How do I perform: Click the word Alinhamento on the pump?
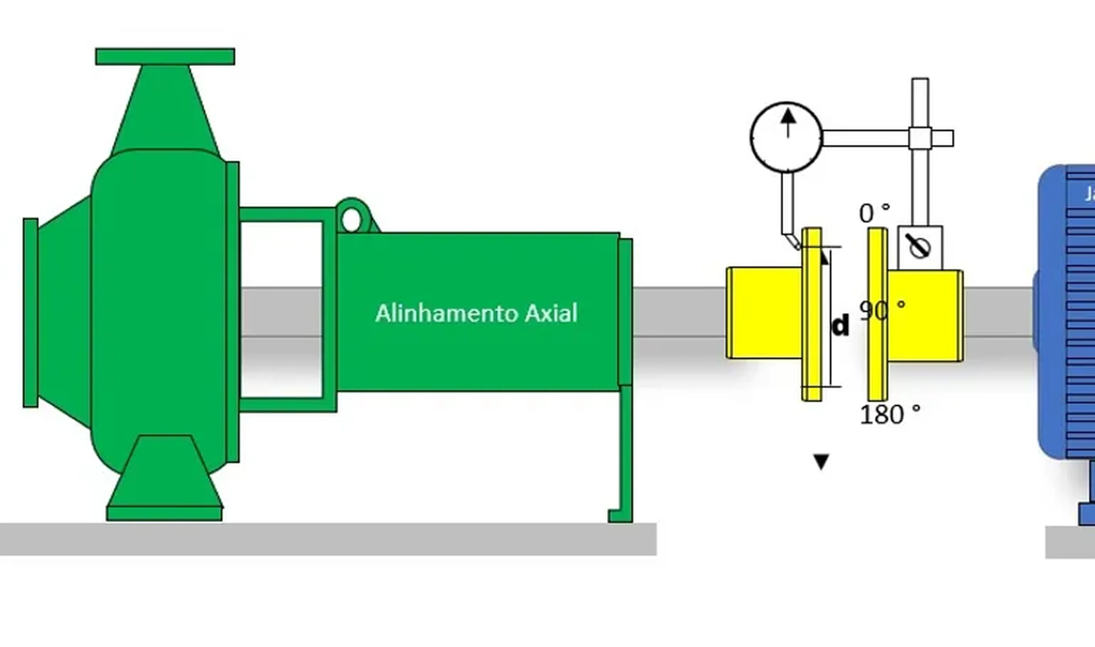pyautogui.click(x=447, y=314)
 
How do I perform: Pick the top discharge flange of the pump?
pyautogui.click(x=165, y=57)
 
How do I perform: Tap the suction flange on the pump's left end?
pyautogui.click(x=31, y=313)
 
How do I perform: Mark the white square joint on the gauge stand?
pyautogui.click(x=920, y=138)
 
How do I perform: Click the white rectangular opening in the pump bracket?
pyautogui.click(x=281, y=310)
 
